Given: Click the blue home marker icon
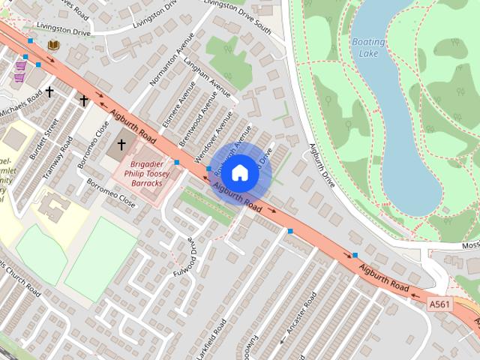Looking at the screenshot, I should point(239,173).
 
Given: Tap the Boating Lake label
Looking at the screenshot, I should point(367,47).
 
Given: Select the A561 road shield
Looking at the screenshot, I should point(440,304).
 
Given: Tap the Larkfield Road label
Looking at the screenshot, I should point(220,338).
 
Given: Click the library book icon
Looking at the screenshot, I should point(52,46).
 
